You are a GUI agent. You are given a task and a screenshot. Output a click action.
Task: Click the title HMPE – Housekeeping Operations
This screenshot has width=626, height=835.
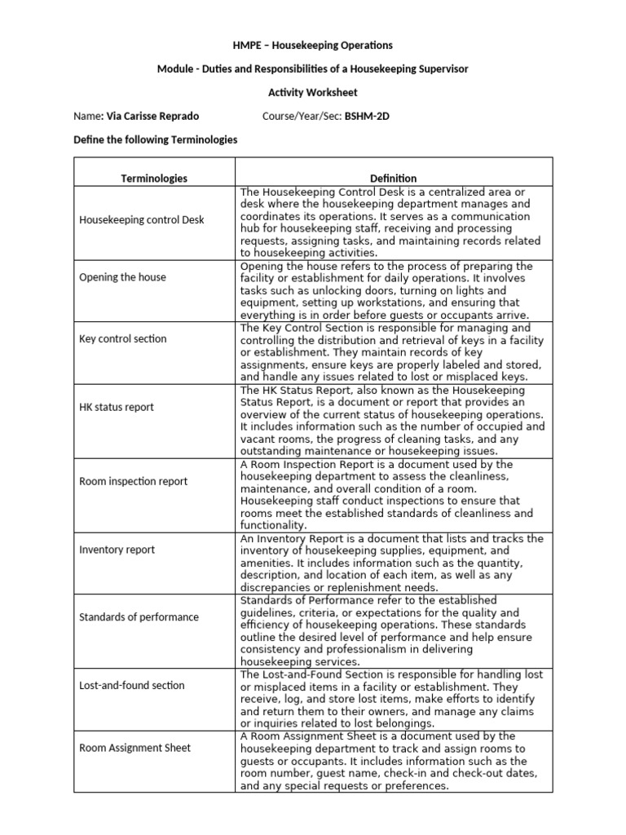tap(313, 45)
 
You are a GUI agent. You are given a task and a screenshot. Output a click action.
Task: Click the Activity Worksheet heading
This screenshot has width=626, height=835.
tap(313, 93)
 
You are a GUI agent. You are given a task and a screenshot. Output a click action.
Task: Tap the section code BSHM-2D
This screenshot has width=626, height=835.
tap(367, 117)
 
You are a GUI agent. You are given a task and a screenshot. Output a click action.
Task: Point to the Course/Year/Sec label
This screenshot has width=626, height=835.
tap(302, 117)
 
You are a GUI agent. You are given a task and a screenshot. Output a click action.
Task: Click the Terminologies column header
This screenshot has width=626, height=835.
tap(154, 178)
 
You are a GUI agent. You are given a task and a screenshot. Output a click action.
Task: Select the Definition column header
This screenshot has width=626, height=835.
tap(393, 178)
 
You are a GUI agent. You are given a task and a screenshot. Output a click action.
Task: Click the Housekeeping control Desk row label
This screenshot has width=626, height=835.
tap(142, 220)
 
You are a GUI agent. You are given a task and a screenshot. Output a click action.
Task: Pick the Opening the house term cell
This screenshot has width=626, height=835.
tap(122, 277)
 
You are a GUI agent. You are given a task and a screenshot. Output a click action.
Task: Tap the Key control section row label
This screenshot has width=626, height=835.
tap(123, 338)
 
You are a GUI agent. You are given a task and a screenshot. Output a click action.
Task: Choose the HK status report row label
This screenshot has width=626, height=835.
tap(117, 407)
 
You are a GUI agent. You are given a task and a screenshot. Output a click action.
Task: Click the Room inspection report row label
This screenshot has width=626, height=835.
tap(133, 481)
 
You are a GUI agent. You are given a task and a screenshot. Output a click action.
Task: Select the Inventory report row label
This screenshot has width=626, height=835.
tap(117, 550)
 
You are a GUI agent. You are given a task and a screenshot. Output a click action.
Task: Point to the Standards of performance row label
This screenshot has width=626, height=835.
tap(139, 617)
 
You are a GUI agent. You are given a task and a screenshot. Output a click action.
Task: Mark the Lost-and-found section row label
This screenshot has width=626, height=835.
tap(131, 686)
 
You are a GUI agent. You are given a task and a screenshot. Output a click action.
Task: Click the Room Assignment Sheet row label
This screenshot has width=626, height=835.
tap(134, 748)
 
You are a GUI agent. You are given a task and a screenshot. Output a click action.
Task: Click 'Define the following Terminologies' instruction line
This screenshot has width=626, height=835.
tap(156, 140)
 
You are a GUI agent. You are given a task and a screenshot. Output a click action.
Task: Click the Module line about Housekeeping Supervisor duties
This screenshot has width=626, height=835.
tap(313, 69)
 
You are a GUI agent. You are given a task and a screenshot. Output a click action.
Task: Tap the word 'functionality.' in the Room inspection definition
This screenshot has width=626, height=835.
tap(273, 526)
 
